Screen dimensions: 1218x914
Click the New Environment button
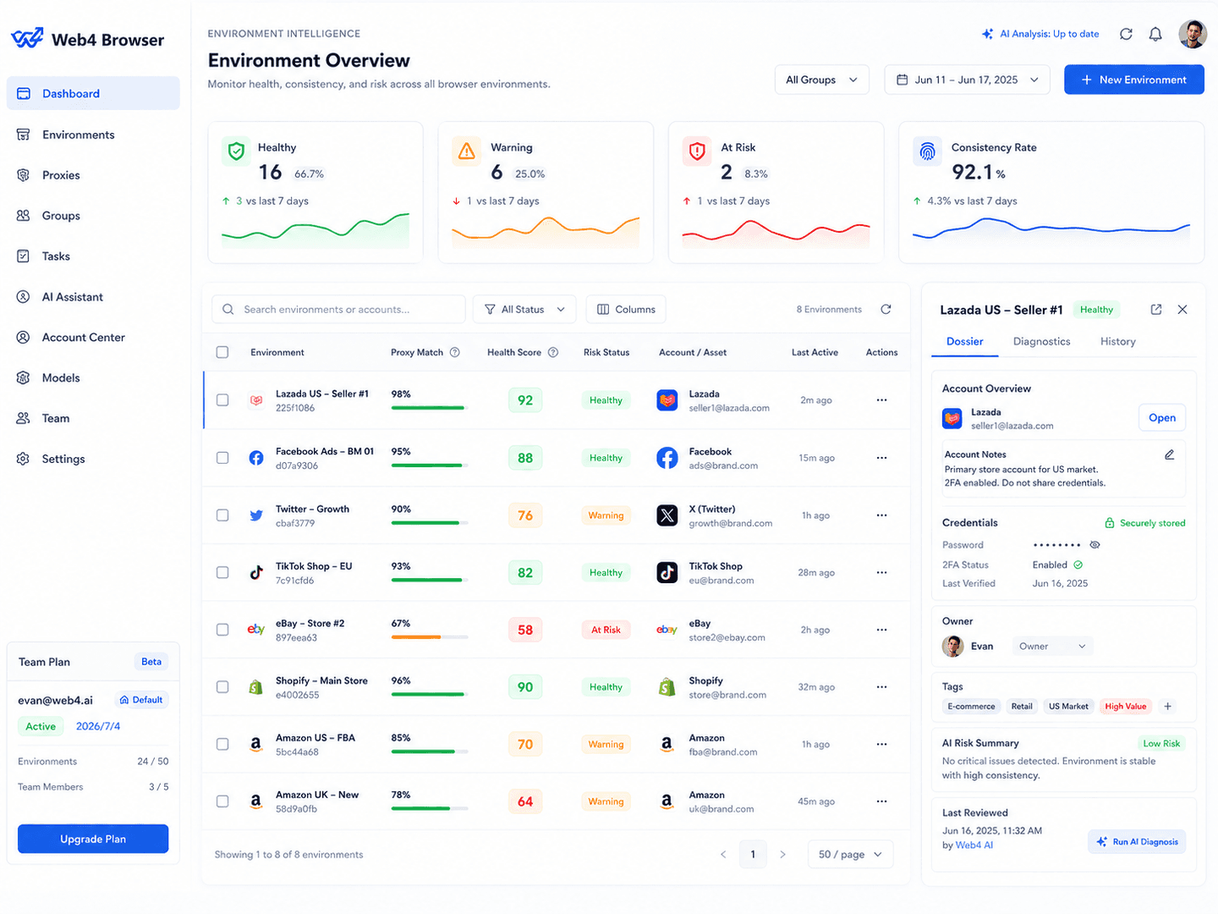pos(1133,80)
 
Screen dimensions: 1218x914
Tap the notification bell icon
pos(1155,35)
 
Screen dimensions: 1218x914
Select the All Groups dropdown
pos(821,80)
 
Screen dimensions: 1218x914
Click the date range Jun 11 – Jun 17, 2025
pos(967,80)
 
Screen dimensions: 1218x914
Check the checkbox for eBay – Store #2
pos(222,630)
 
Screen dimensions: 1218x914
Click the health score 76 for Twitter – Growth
pos(525,515)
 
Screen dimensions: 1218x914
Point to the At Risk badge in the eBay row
pos(606,630)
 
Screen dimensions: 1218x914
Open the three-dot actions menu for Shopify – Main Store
pos(881,687)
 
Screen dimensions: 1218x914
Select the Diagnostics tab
pos(1041,341)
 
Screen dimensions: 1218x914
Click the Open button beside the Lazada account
pos(1161,417)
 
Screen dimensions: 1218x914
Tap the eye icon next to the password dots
pos(1095,545)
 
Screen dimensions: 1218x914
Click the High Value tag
pos(1125,706)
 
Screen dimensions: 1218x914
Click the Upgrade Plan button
pos(93,839)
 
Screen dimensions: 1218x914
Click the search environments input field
pos(338,309)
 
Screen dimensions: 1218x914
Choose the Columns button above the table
pos(625,309)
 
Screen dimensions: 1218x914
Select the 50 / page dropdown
pos(850,854)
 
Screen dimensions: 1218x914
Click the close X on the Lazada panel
pos(1182,310)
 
